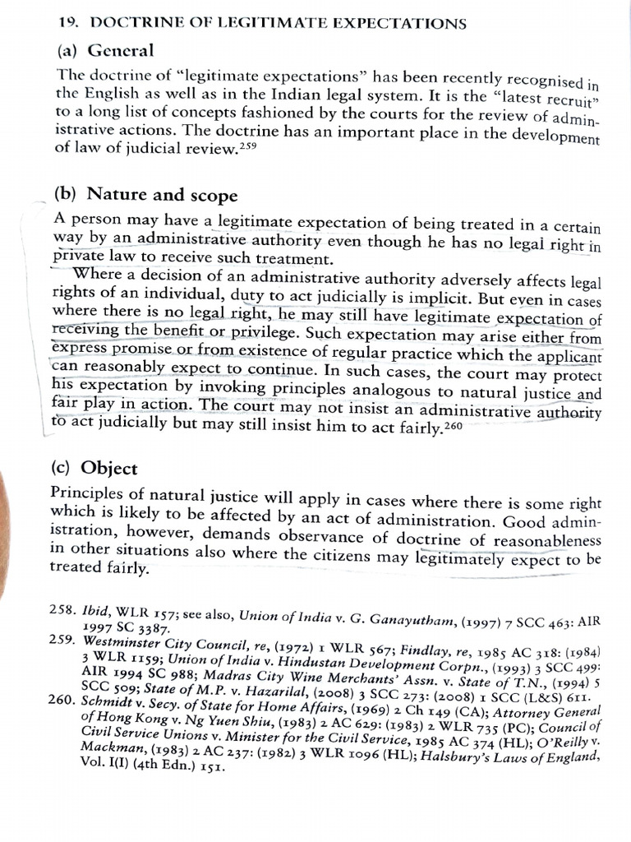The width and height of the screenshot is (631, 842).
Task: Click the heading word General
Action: (x=121, y=50)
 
